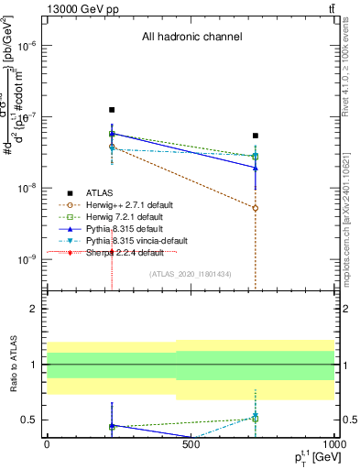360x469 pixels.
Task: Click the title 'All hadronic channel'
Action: coord(191,37)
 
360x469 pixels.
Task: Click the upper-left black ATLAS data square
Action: coord(112,109)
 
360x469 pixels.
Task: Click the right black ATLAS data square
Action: coord(256,136)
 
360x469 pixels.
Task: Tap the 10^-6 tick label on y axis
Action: coord(28,46)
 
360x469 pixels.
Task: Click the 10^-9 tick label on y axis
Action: coord(28,259)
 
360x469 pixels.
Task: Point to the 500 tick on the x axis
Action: coord(191,443)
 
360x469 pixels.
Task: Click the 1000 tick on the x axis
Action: coord(331,443)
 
